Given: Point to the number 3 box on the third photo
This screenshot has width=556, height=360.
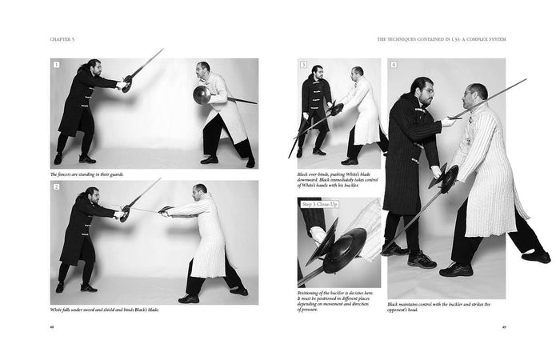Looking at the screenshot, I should (x=303, y=65).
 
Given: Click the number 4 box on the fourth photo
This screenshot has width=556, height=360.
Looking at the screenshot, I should (x=394, y=65).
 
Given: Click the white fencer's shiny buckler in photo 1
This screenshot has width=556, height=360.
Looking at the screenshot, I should (x=200, y=95).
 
